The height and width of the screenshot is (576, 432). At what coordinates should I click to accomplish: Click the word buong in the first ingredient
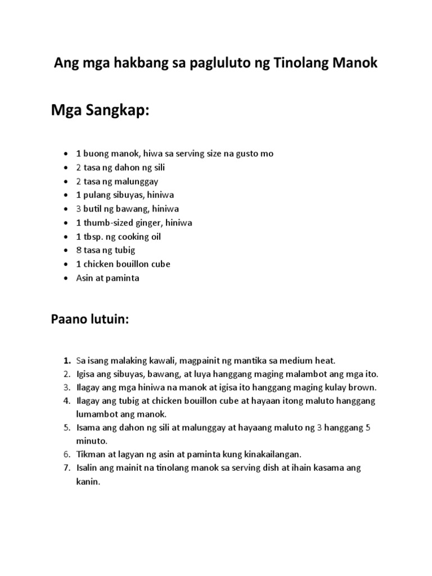(x=95, y=154)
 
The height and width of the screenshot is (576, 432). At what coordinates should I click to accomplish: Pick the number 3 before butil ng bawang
(x=79, y=209)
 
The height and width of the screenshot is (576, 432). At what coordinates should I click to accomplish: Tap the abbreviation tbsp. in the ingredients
(x=93, y=236)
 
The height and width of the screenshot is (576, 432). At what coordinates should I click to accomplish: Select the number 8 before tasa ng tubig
(x=79, y=250)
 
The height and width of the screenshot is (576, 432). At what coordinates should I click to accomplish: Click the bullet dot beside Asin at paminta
(x=66, y=278)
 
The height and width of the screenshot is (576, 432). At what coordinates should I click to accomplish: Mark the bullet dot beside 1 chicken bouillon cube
(x=66, y=264)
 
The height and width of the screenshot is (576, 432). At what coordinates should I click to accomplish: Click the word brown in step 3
(x=363, y=388)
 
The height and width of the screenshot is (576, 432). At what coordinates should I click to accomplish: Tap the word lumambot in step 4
(x=96, y=414)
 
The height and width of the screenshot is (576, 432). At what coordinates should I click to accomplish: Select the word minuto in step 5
(x=90, y=441)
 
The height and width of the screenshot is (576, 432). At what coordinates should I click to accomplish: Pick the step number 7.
(x=66, y=468)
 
